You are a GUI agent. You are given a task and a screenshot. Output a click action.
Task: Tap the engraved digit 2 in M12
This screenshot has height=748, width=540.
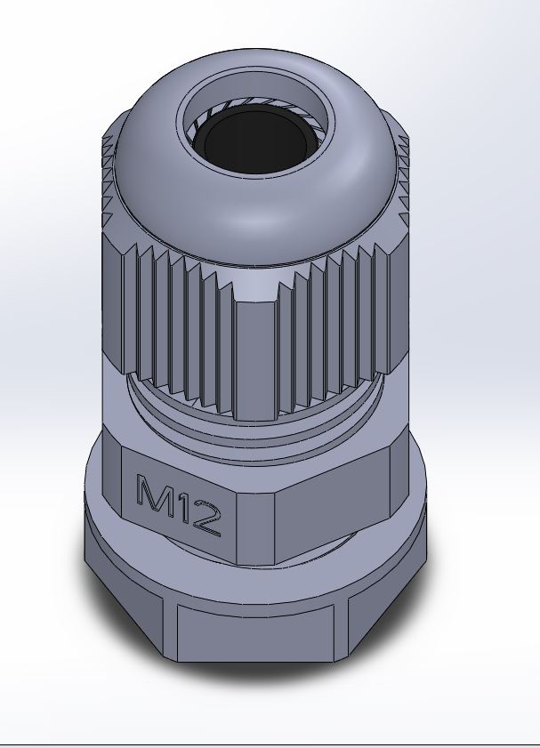(206, 521)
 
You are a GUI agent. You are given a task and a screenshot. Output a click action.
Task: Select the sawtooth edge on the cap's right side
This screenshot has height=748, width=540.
(405, 178)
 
